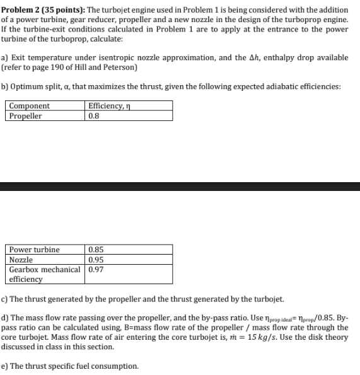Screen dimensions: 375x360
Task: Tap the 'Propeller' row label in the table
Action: (26, 116)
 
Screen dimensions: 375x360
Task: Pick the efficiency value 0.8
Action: (94, 116)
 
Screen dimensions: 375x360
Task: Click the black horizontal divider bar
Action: (180, 186)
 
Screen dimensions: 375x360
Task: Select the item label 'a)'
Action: (6, 57)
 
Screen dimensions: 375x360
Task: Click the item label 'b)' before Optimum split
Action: (6, 87)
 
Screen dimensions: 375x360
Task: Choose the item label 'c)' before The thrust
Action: (6, 298)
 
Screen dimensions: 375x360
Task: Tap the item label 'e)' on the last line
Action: (6, 366)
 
